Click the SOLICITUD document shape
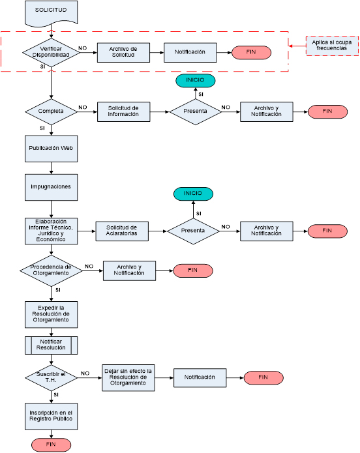[51, 13]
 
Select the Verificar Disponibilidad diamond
[51, 52]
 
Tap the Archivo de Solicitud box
[123, 52]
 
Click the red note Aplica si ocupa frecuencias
[332, 46]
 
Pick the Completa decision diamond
[51, 111]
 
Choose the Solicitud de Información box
[123, 111]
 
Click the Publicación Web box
[51, 149]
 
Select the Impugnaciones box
[51, 187]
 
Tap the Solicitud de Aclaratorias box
[122, 231]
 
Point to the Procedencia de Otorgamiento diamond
[51, 270]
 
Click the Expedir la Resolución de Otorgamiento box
[51, 315]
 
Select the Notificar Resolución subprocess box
[51, 345]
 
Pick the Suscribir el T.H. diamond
[51, 377]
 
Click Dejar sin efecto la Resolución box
[128, 377]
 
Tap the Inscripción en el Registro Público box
[51, 416]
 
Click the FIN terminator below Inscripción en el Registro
[51, 445]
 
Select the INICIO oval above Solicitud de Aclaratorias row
[193, 194]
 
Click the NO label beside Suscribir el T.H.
[85, 373]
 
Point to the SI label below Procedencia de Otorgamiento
[58, 290]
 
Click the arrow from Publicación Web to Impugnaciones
[51, 168]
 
